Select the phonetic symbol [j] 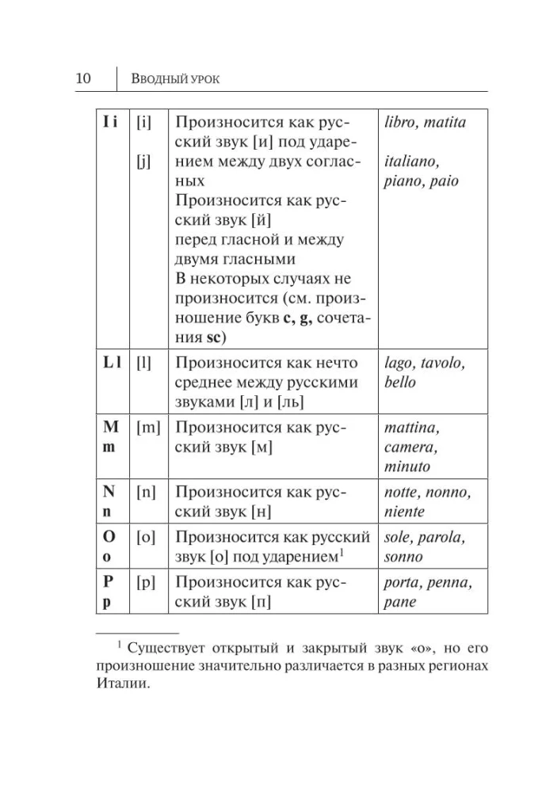click(x=143, y=161)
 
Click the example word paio click(x=444, y=181)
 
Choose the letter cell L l click(x=111, y=363)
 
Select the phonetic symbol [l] click(x=143, y=363)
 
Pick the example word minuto click(x=406, y=466)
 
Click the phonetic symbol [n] click(x=146, y=492)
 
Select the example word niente click(x=404, y=512)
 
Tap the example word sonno click(x=403, y=557)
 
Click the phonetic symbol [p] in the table click(x=146, y=582)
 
